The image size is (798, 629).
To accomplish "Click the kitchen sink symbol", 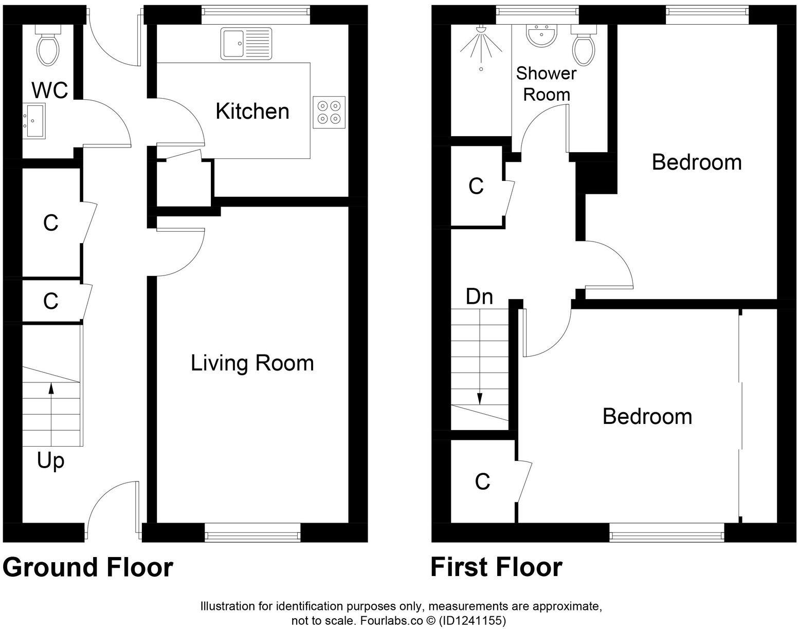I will pos(246,43).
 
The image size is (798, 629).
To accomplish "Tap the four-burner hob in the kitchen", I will pos(329,112).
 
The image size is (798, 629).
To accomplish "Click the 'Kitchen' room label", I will pos(252,111).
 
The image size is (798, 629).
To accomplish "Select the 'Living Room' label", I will pos(252,363).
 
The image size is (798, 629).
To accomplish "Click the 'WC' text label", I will pos(50,90).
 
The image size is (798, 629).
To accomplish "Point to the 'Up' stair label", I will pos(50,461).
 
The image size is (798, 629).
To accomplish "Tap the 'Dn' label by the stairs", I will pos(479,297).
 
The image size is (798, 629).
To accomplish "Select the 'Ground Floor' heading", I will pos(88,568).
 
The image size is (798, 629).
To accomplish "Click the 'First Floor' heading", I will pos(496,568).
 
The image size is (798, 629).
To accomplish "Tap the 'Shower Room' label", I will pos(546,84).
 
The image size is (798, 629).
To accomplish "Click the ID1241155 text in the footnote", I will pos(471,620).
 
